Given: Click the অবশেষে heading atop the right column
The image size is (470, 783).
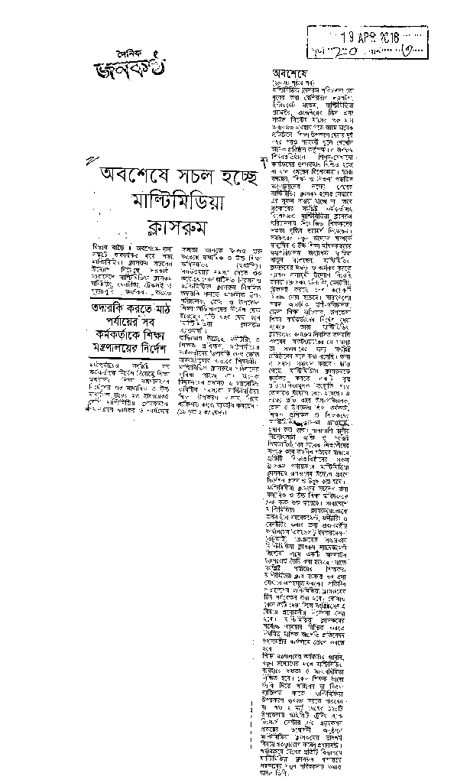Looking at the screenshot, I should coord(289,71).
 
